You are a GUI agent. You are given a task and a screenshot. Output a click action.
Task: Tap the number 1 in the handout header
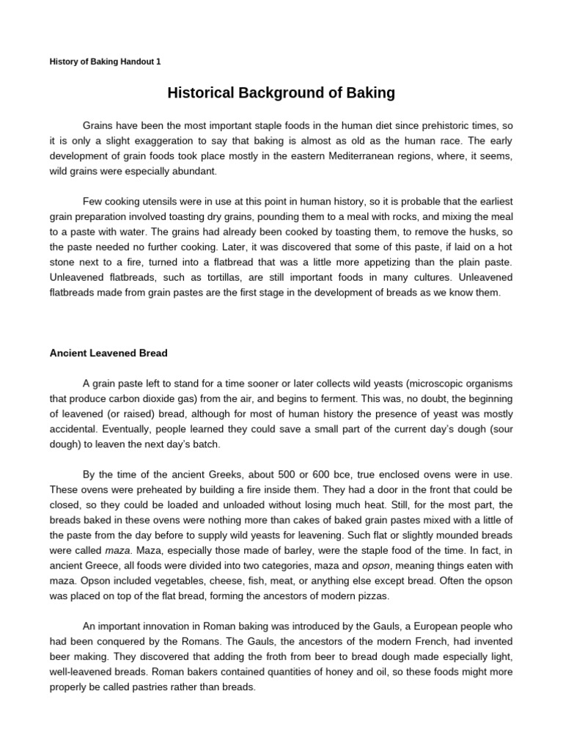pyautogui.click(x=158, y=62)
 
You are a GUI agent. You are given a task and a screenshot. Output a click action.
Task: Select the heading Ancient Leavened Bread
pyautogui.click(x=108, y=353)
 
